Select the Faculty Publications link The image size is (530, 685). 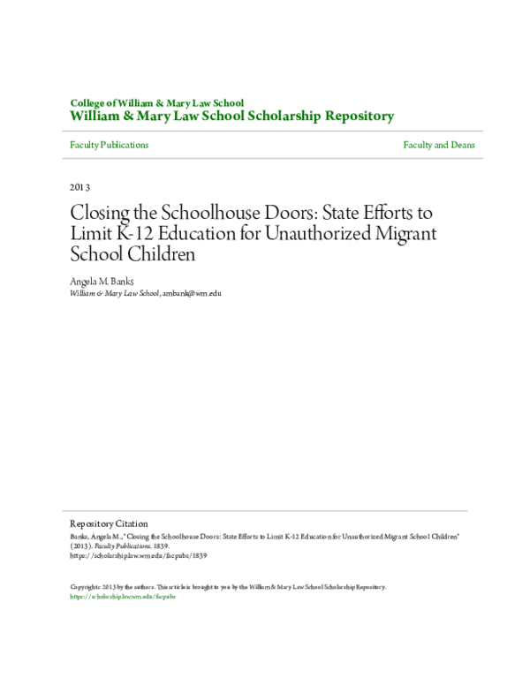tap(109, 145)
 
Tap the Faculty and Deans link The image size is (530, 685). tap(439, 145)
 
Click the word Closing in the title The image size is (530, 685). tap(97, 215)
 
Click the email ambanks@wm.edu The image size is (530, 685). tap(192, 292)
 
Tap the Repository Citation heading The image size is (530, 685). tap(109, 523)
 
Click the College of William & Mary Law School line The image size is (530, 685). tap(156, 102)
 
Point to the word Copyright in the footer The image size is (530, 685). tap(85, 587)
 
